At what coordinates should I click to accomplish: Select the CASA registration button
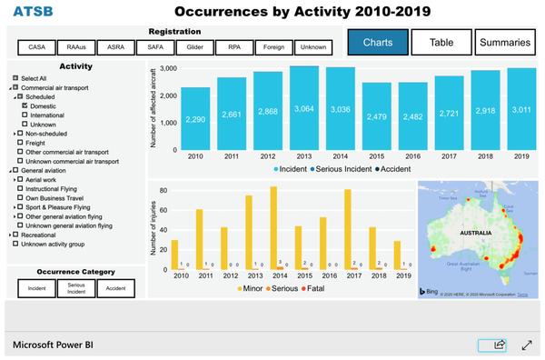[37, 46]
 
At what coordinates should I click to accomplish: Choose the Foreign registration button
[273, 46]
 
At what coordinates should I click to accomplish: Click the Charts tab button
[377, 42]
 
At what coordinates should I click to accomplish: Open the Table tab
[441, 42]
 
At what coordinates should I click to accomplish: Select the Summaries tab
[505, 42]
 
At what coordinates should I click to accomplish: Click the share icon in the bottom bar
[499, 345]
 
